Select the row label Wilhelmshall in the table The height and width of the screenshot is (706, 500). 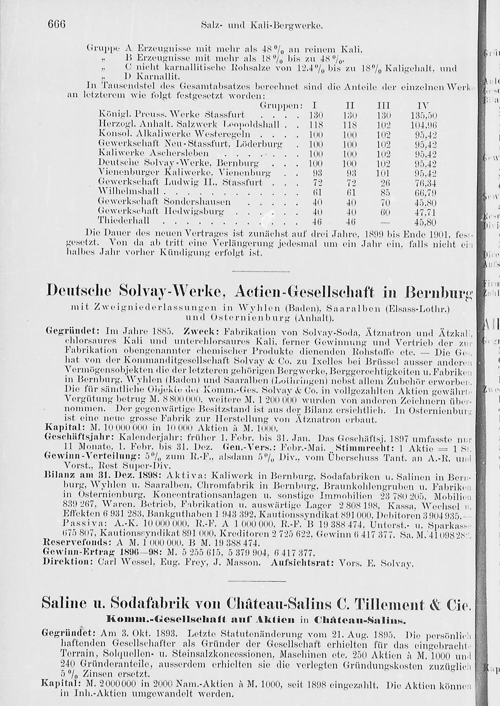coord(128,192)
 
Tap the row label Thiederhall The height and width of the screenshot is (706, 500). coord(124,221)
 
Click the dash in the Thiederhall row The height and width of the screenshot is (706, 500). coord(385,221)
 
